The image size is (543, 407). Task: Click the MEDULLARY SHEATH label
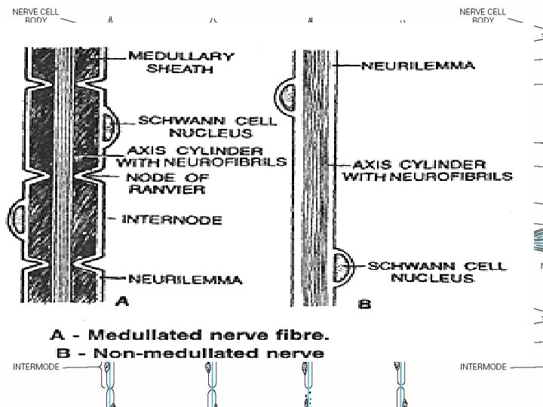tap(180, 62)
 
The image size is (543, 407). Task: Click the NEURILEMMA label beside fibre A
tap(186, 280)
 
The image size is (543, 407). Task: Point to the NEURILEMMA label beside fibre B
tap(418, 66)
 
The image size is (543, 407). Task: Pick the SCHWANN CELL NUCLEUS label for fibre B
tap(437, 272)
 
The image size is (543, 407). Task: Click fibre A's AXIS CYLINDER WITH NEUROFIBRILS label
tap(201, 155)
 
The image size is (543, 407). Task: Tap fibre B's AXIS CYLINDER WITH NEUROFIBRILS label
tap(428, 170)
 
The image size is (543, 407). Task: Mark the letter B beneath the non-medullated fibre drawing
tap(365, 304)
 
